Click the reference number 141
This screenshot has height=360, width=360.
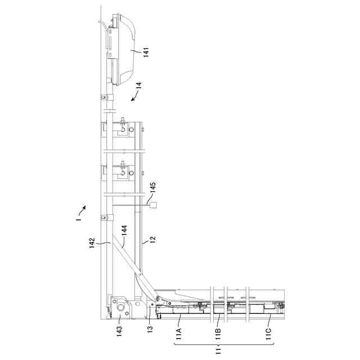click(x=146, y=52)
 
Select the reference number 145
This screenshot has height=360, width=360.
click(x=152, y=187)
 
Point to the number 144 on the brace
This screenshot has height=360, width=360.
click(x=124, y=230)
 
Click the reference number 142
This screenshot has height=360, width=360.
click(x=92, y=243)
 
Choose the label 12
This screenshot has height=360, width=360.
click(x=152, y=239)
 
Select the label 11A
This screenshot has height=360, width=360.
click(x=178, y=334)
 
